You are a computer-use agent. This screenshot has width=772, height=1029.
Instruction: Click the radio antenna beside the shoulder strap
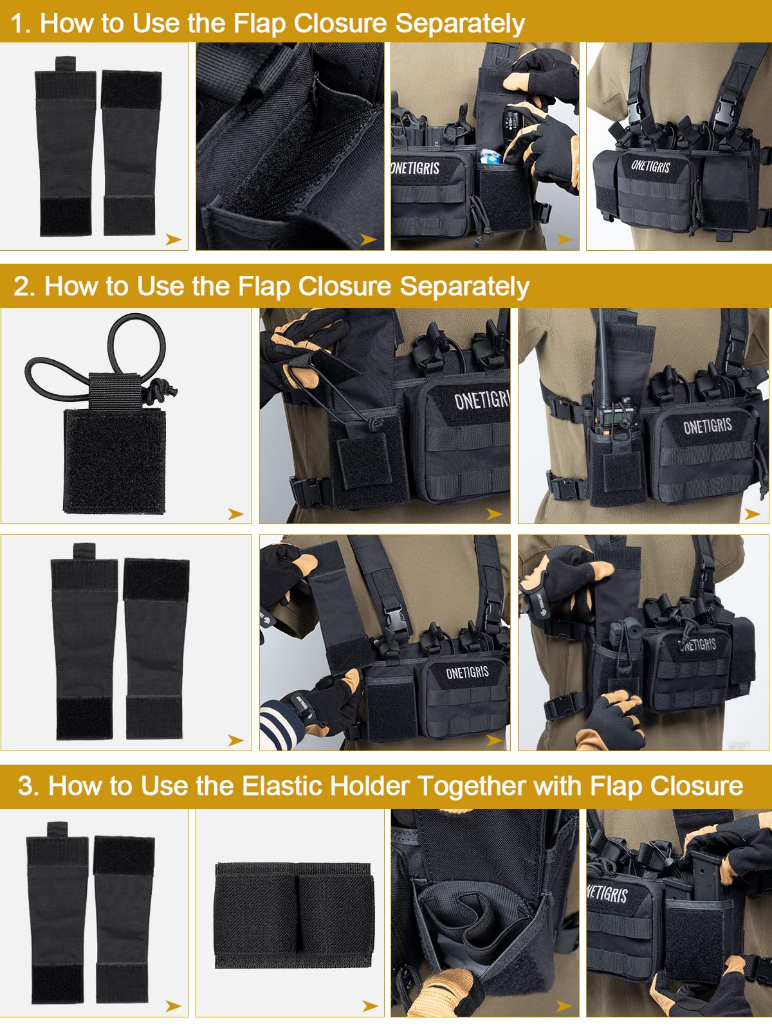coord(598,360)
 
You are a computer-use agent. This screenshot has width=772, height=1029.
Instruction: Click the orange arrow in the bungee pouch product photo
coord(235,514)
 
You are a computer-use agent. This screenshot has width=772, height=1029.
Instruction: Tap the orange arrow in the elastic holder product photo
coord(369,1005)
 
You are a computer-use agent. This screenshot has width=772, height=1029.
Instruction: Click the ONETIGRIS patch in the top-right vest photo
coord(650,166)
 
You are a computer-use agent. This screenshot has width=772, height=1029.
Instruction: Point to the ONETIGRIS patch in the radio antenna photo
coord(707,426)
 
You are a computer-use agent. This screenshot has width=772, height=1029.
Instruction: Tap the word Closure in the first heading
coord(340,24)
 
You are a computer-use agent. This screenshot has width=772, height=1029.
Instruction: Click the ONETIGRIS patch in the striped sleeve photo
coord(467,673)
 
